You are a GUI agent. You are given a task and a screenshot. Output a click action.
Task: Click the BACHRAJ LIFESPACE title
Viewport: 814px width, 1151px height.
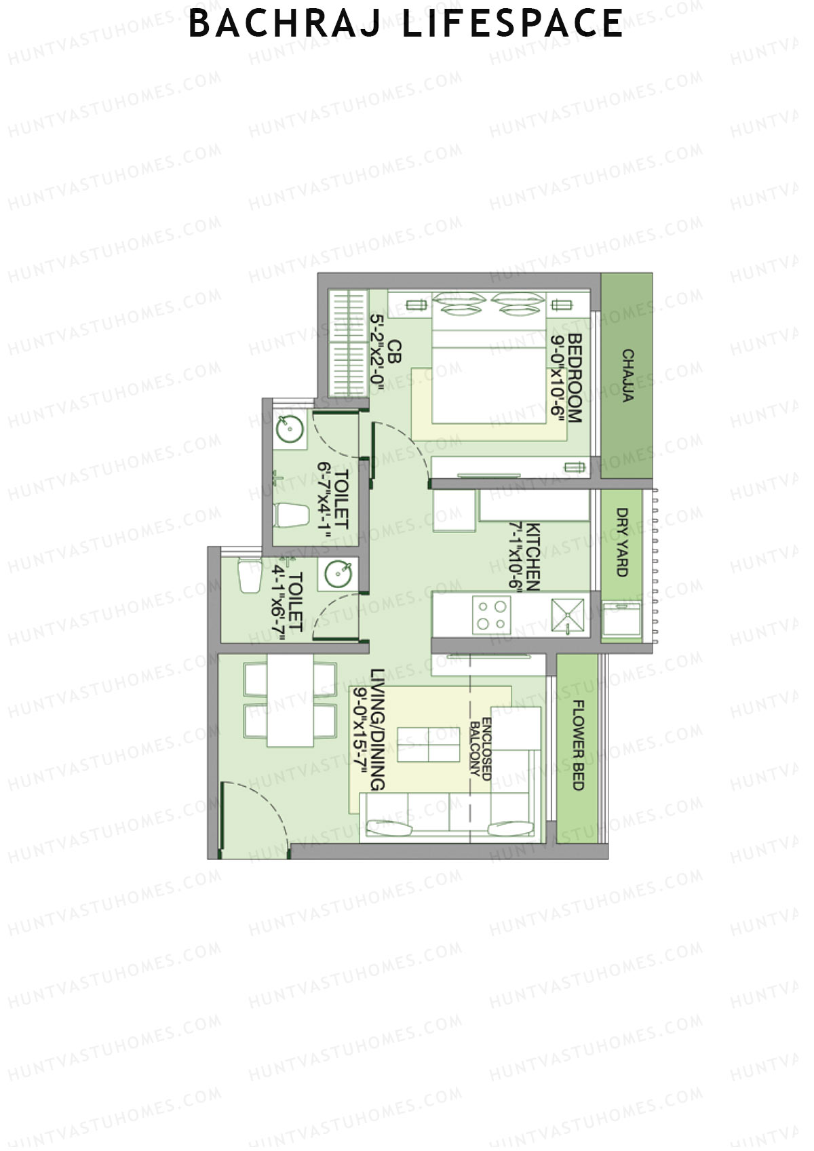(406, 24)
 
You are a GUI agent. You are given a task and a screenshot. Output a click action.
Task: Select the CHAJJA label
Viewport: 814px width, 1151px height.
(628, 376)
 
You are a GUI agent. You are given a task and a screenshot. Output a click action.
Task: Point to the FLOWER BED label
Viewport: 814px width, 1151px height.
(578, 745)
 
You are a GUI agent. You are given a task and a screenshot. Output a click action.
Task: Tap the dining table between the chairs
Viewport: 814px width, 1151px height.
(290, 700)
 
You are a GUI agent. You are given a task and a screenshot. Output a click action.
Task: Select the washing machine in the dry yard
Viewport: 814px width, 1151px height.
(621, 619)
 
